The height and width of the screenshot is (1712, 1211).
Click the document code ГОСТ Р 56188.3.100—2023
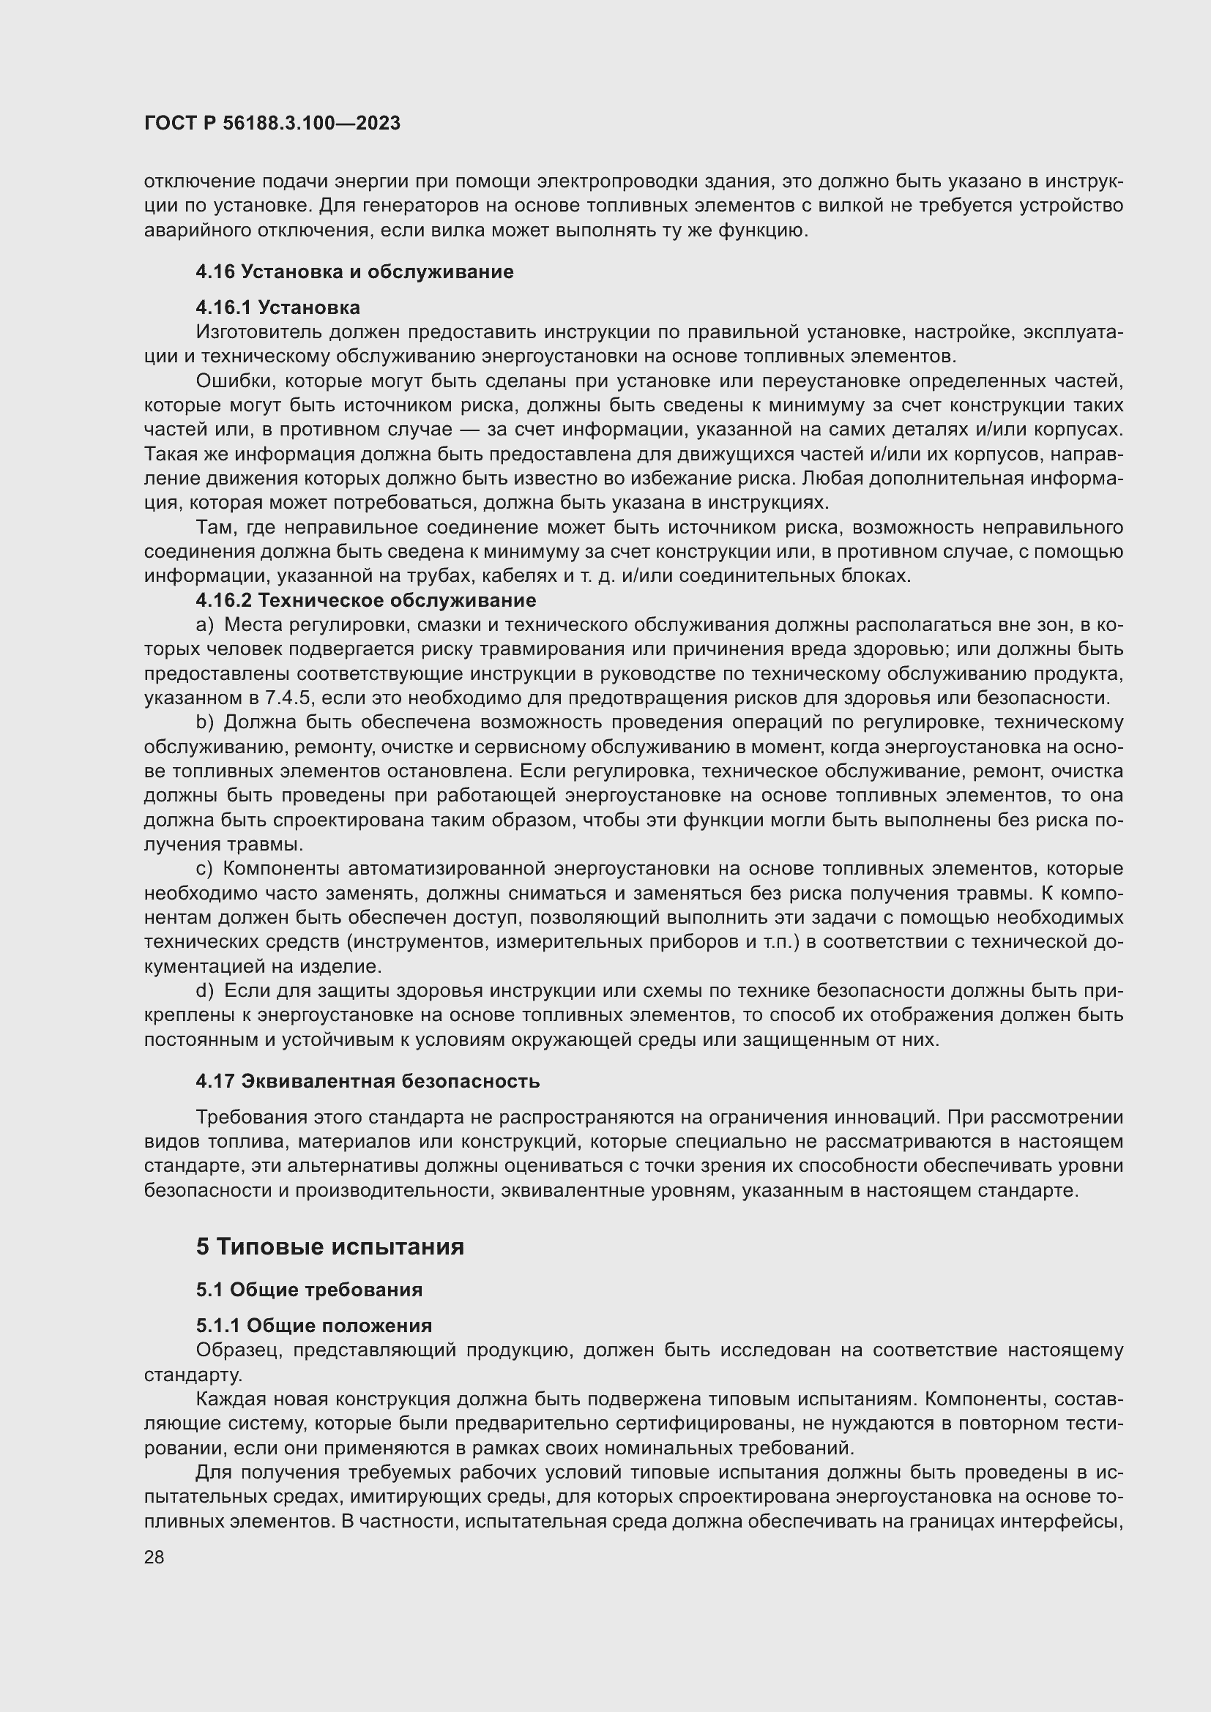pyautogui.click(x=272, y=124)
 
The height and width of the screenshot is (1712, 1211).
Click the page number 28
pyautogui.click(x=154, y=1557)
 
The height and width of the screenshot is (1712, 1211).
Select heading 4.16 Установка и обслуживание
pyautogui.click(x=354, y=272)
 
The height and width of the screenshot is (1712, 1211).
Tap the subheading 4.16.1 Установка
pyautogui.click(x=277, y=307)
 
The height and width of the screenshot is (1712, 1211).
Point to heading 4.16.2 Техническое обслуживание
pyautogui.click(x=365, y=600)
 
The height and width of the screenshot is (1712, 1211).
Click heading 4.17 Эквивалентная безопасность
pyautogui.click(x=368, y=1081)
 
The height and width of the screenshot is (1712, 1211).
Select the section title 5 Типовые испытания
pyautogui.click(x=329, y=1246)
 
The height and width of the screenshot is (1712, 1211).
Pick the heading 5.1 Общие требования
pyautogui.click(x=309, y=1290)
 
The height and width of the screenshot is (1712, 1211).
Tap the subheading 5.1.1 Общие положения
pyautogui.click(x=313, y=1326)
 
